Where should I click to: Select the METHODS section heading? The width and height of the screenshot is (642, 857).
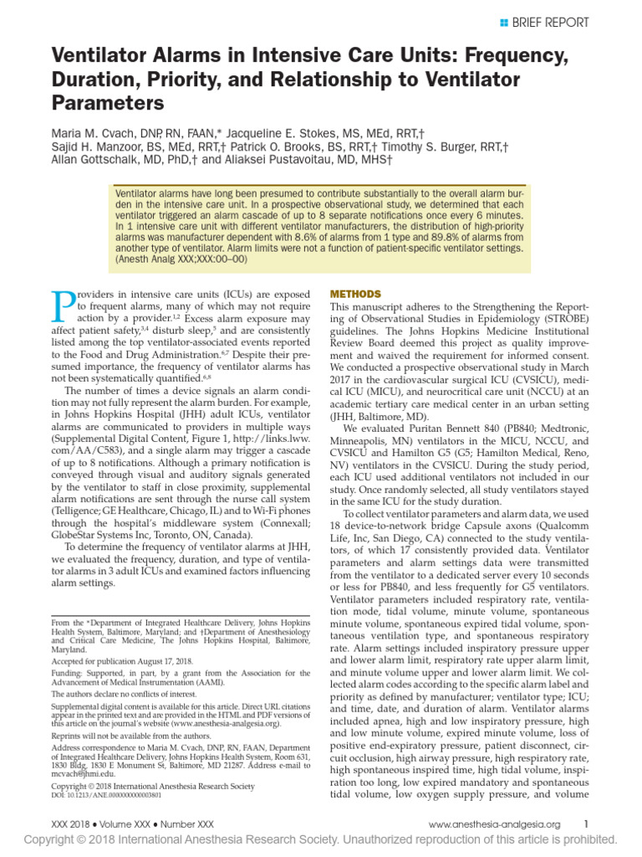point(357,294)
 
